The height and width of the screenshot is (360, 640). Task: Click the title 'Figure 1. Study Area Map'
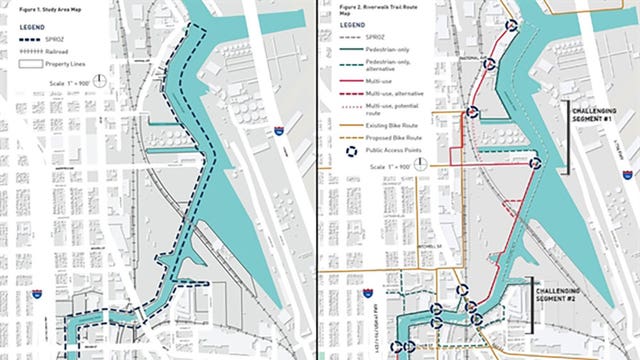(x=31, y=8)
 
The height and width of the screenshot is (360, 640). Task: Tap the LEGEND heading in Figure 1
(x=19, y=27)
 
